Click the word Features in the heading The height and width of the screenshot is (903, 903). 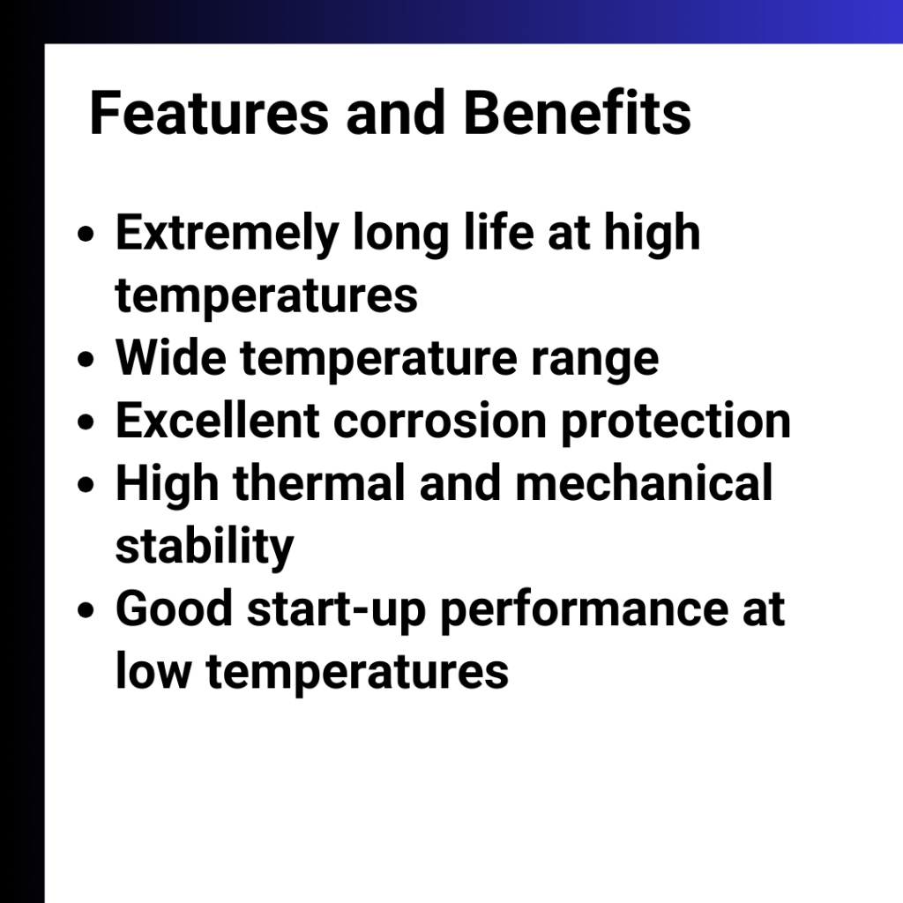pos(209,113)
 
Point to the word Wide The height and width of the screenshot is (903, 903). pos(171,357)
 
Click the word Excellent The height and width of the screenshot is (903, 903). pos(218,420)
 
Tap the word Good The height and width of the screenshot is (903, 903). pos(174,608)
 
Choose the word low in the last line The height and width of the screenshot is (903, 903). pos(153,671)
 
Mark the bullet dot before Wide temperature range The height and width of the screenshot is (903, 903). pos(86,360)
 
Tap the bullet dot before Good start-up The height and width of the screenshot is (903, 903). pos(86,610)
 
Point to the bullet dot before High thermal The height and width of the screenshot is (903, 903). pos(86,485)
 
